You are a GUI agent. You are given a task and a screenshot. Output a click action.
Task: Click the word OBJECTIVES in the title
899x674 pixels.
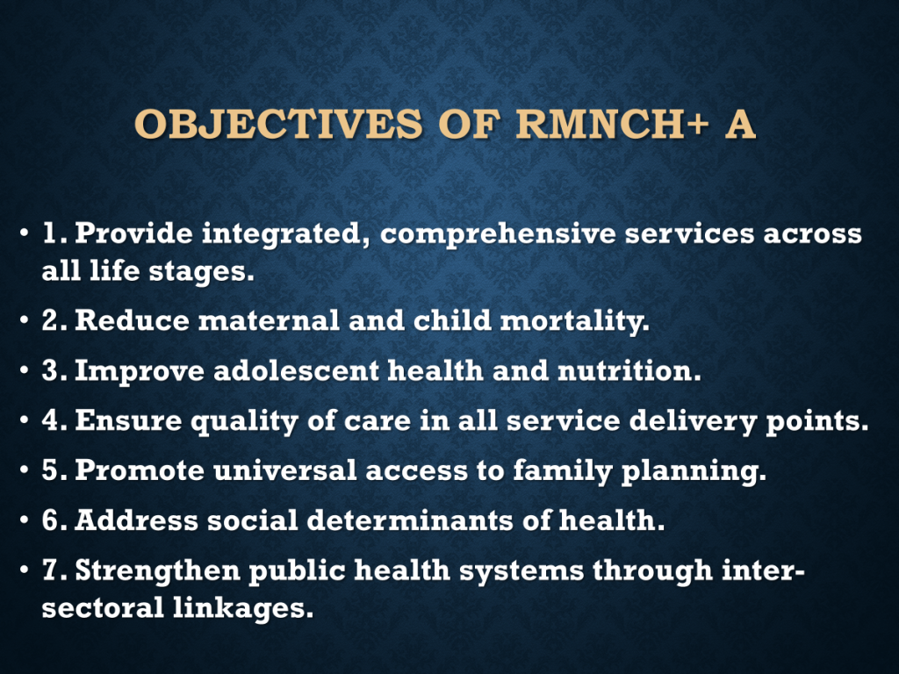(278, 124)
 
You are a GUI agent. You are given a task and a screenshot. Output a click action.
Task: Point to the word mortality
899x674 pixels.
(574, 321)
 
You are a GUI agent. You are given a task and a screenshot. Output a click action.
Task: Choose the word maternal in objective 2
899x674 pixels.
(269, 320)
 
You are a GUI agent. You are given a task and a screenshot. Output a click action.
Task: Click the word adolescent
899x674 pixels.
(296, 371)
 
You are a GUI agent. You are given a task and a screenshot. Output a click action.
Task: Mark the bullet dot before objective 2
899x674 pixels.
(24, 320)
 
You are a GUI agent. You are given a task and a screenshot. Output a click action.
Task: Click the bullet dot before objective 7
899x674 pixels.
(24, 570)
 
